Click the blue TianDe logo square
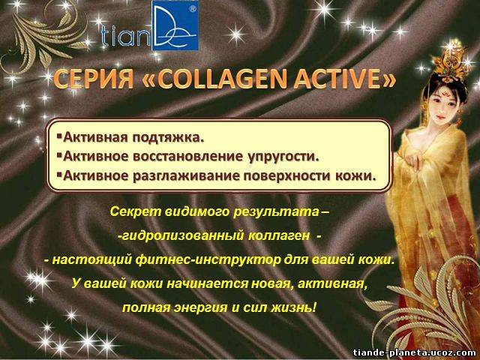(x=175, y=25)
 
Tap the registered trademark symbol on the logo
(x=193, y=9)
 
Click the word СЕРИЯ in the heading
(x=94, y=79)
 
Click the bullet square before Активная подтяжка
(x=59, y=135)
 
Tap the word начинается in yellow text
(x=208, y=284)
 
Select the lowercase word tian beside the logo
(x=125, y=34)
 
